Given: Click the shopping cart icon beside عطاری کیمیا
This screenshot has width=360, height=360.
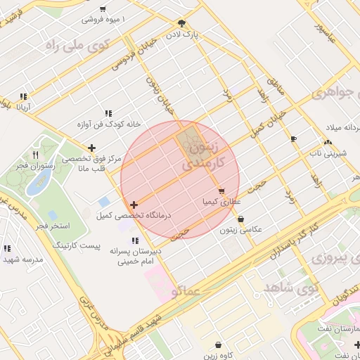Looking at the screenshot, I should point(221,191).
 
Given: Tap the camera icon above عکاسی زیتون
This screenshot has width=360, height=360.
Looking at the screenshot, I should point(240,219).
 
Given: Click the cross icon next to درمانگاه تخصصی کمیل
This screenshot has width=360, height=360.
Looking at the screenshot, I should point(134,205).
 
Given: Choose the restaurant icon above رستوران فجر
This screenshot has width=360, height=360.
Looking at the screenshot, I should point(35,154).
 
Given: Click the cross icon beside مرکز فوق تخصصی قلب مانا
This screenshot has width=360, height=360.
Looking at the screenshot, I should point(91,148).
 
